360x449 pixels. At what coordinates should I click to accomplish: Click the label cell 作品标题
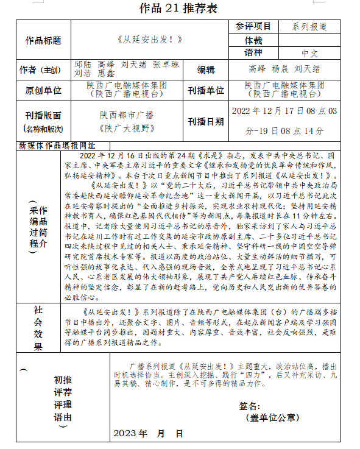(x=43, y=40)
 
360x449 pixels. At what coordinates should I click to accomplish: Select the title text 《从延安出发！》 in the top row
(x=149, y=40)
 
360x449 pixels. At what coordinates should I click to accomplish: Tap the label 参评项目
(x=253, y=27)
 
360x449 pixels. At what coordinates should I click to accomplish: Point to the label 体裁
(x=253, y=40)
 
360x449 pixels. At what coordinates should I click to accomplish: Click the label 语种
(x=253, y=53)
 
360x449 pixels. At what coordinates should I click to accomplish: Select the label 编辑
(x=206, y=69)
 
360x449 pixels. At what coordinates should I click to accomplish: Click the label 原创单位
(x=43, y=90)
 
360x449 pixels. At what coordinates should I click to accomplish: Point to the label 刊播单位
(x=206, y=90)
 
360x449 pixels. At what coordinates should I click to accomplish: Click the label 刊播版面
(x=43, y=115)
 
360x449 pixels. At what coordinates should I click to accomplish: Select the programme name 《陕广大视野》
(x=127, y=128)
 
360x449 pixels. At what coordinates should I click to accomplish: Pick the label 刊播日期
(x=206, y=121)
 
